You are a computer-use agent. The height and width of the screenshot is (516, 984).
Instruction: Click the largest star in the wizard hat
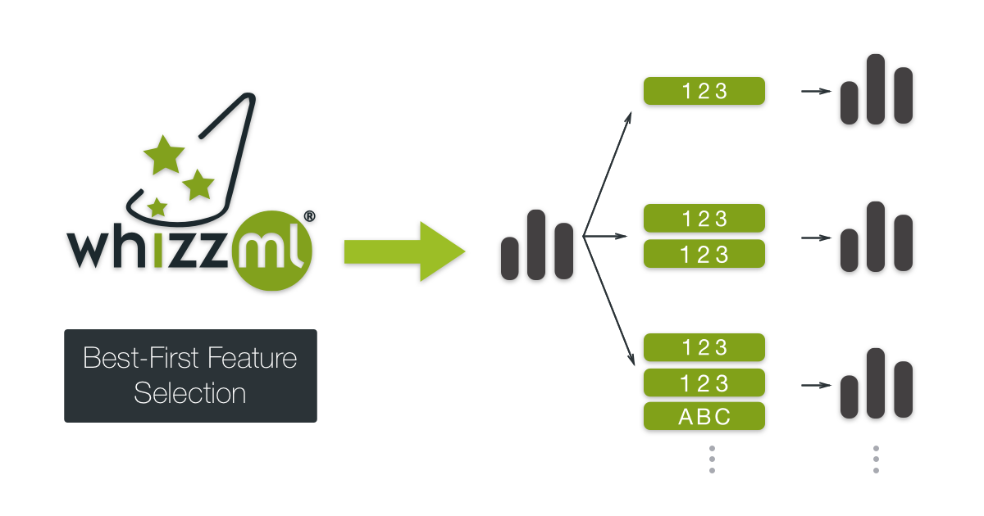point(164,154)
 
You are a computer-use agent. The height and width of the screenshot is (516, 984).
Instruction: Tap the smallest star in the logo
point(157,206)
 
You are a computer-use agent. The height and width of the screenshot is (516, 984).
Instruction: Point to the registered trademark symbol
point(309,216)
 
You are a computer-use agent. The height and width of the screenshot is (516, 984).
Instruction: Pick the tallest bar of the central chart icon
point(536,244)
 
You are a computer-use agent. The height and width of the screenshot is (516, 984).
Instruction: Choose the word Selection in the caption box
point(190,393)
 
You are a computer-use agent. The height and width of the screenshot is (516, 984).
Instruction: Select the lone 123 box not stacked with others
point(704,91)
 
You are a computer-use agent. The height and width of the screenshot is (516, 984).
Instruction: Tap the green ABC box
point(704,416)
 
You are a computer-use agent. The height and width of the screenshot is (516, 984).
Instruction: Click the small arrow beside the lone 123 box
point(815,91)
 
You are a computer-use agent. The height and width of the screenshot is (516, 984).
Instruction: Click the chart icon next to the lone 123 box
point(876,90)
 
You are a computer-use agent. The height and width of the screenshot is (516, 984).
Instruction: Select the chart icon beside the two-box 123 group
point(876,238)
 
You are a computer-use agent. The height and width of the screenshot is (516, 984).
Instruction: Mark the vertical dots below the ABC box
point(712,459)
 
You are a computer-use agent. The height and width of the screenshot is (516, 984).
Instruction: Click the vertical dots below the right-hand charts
point(876,459)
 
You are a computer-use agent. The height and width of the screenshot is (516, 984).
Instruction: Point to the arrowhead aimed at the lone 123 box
point(628,119)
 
